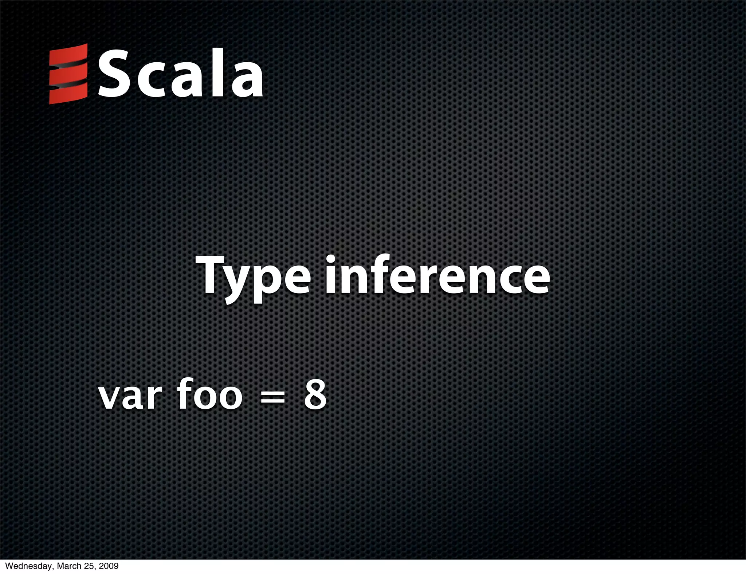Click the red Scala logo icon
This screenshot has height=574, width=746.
[x=68, y=74]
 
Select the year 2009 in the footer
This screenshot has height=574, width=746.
[x=109, y=566]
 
